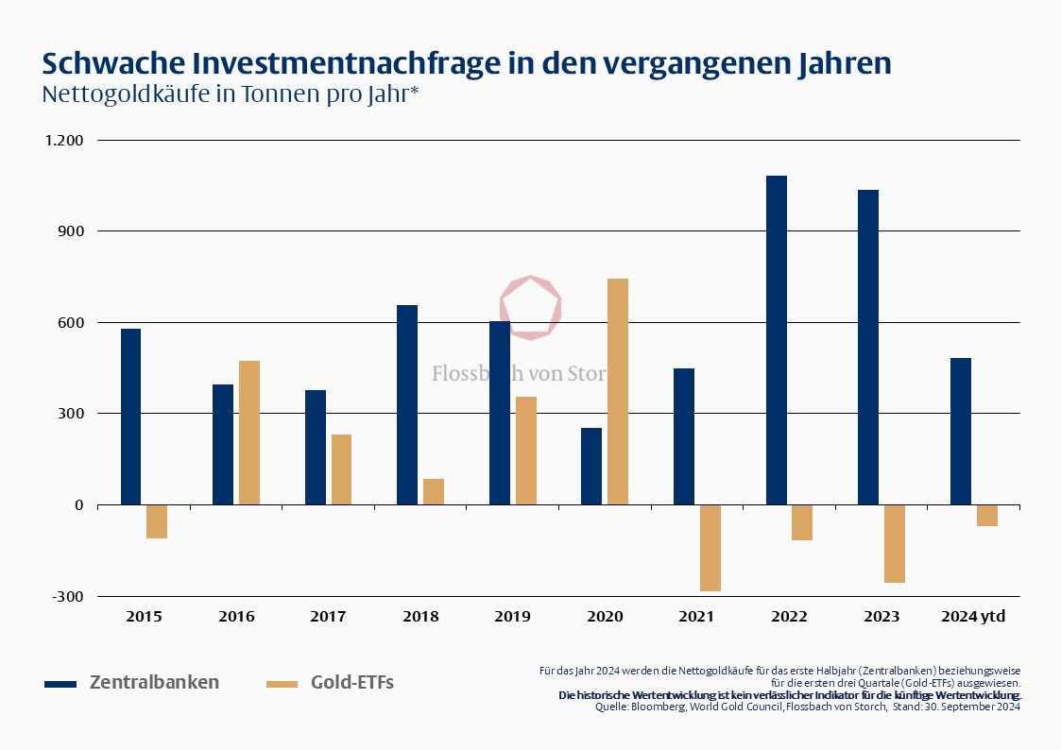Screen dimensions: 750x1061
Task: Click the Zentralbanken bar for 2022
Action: coord(777,340)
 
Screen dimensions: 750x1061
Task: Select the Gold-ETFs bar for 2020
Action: coord(618,391)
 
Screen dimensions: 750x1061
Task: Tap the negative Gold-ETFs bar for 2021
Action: coord(710,548)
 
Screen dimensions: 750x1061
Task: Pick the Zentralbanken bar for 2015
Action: coord(130,417)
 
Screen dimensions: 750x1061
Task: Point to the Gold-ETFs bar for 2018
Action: coord(434,491)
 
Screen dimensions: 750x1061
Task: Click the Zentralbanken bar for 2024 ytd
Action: coord(961,431)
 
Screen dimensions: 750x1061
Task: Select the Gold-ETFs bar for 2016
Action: coord(249,433)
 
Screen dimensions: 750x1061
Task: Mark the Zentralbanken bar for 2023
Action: coord(868,347)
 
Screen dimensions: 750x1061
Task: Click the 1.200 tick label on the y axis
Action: coord(64,141)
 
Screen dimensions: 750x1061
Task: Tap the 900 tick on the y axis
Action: coord(72,231)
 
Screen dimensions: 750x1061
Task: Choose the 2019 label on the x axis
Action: coord(513,617)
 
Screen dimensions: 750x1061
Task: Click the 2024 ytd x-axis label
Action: coord(973,617)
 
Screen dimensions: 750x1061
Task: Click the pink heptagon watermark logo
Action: coord(530,307)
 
